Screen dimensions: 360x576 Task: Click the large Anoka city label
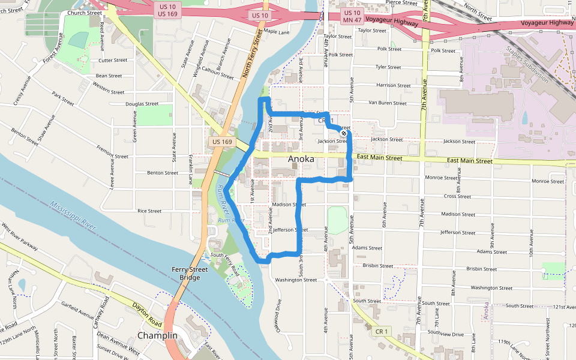coord(301,158)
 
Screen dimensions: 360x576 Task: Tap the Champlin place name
coord(157,335)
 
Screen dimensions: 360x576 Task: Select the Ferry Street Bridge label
coord(190,274)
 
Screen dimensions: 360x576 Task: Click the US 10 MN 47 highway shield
coord(353,17)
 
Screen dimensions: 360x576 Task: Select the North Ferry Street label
coord(253,53)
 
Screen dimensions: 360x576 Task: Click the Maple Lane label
coord(277,31)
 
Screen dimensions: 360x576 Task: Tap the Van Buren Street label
coord(388,103)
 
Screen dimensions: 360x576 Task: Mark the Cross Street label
coord(457,196)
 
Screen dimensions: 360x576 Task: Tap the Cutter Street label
coord(113,60)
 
